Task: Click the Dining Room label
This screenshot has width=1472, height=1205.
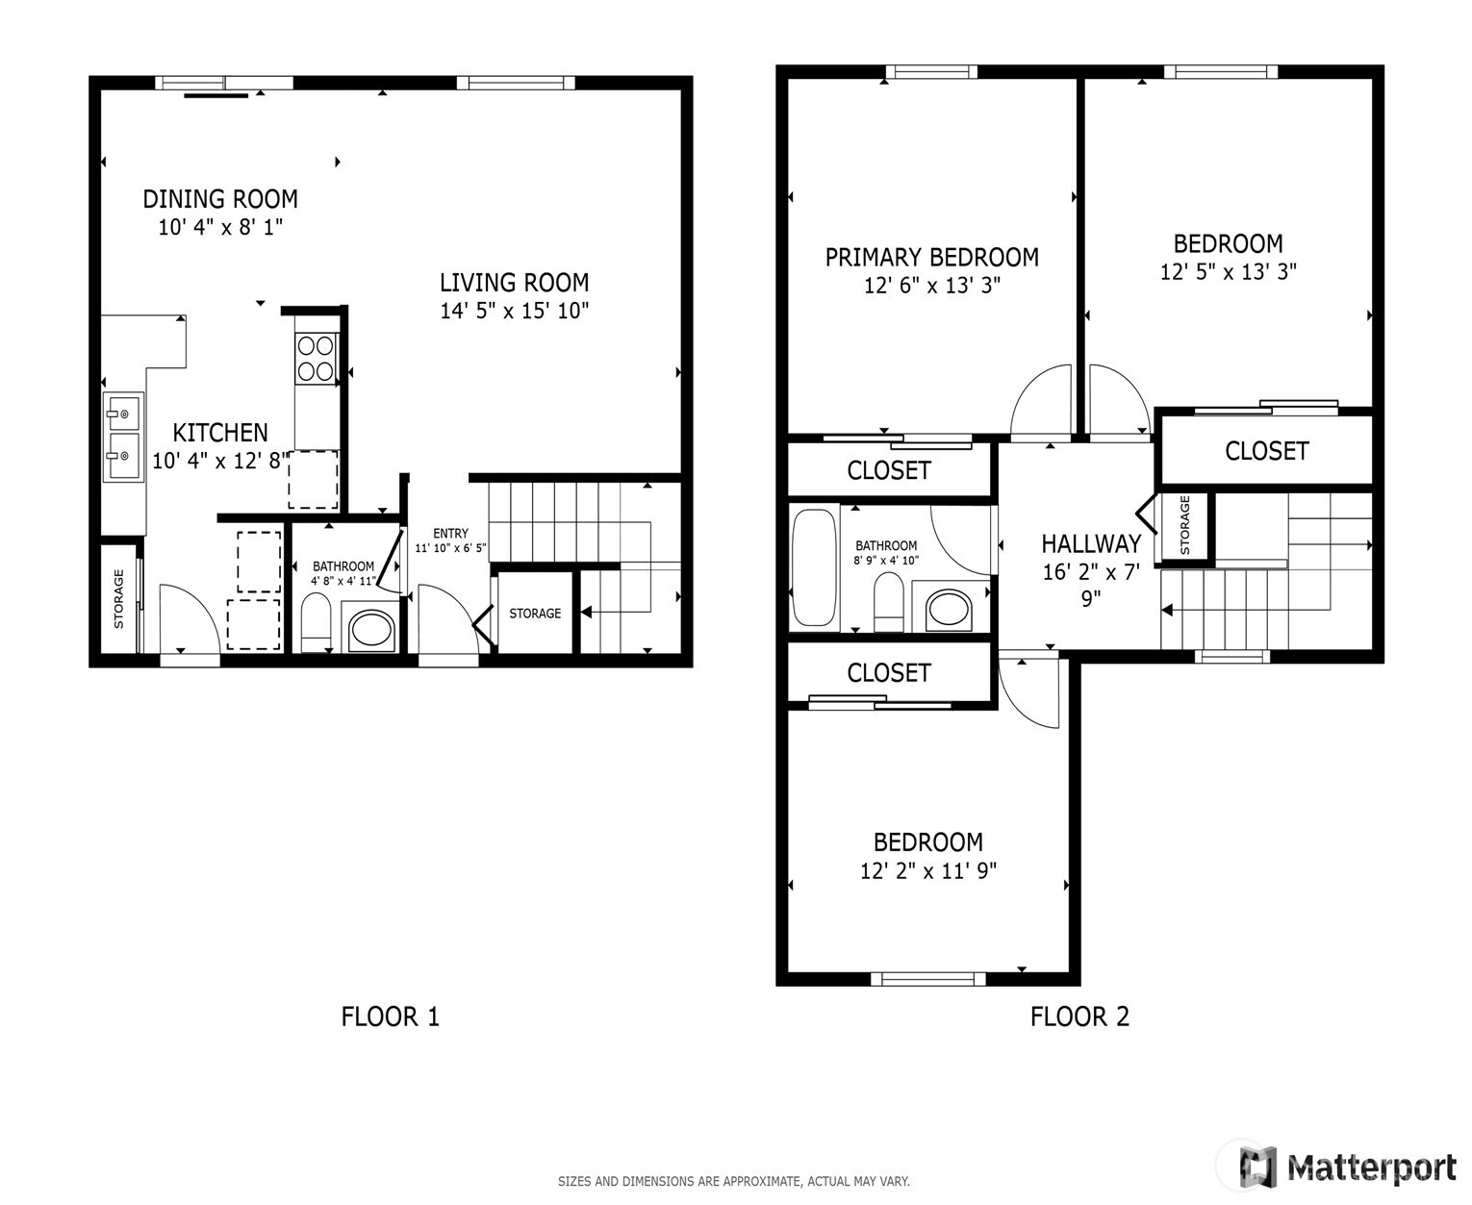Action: click(220, 199)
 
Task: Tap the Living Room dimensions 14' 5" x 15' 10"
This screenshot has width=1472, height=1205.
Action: click(514, 311)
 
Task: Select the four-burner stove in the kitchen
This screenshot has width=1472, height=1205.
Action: click(316, 358)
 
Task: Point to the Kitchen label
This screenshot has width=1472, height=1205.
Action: click(220, 433)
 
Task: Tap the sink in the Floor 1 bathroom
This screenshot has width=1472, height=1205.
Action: click(370, 630)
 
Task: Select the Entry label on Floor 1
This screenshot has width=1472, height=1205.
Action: click(450, 534)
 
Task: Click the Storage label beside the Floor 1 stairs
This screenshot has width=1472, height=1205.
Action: click(535, 614)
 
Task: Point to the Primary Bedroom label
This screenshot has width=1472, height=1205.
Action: click(931, 258)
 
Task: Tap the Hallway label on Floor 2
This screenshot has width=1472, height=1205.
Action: click(1091, 544)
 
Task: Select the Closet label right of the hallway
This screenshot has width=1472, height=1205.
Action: click(1266, 451)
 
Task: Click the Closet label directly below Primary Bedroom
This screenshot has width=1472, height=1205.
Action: click(888, 470)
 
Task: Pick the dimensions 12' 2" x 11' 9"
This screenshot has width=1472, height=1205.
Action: click(927, 871)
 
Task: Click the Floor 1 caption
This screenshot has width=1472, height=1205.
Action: click(390, 1017)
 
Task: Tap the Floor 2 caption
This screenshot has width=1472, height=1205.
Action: click(1079, 1017)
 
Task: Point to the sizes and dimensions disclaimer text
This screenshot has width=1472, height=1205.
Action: click(733, 1181)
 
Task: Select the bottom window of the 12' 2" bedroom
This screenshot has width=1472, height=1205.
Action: click(927, 979)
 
